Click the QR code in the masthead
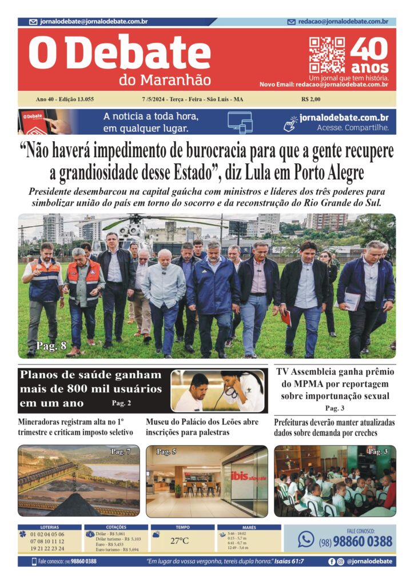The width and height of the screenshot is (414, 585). tap(327, 55)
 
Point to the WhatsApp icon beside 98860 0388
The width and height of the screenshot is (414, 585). tap(306, 539)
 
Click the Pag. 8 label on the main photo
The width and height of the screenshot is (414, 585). tap(51, 346)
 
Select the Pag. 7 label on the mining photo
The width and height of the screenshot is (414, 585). tap(121, 452)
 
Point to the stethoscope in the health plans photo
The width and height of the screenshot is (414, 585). tap(232, 394)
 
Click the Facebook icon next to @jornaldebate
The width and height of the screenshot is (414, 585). tap(332, 562)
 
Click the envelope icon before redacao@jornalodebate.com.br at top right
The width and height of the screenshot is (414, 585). tap(292, 22)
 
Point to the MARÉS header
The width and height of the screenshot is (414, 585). tap(249, 527)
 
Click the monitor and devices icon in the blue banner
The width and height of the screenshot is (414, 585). tap(240, 122)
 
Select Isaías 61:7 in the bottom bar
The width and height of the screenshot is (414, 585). tap(290, 562)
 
